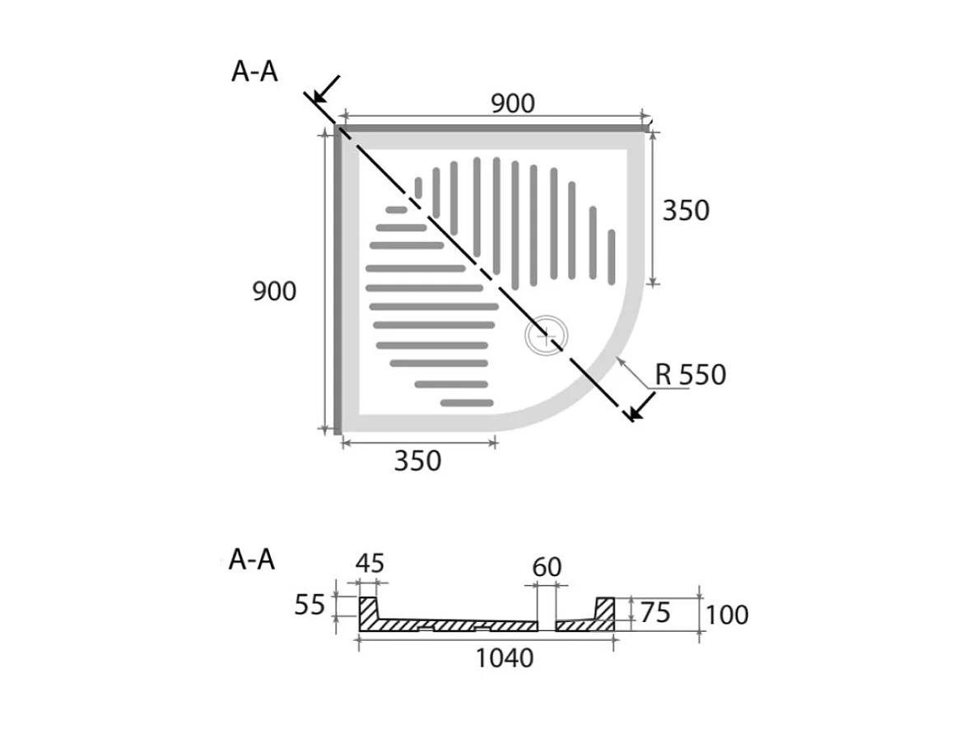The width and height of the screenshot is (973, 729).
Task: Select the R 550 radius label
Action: (690, 374)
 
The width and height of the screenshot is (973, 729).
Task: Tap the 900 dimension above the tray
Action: (513, 104)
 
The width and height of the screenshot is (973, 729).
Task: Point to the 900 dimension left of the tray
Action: (274, 291)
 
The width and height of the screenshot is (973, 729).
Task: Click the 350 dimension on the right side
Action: (686, 211)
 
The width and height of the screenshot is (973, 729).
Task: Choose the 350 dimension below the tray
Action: (417, 461)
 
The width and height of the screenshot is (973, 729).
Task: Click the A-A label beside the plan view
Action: (254, 72)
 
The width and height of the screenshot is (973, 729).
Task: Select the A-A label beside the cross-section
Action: (252, 560)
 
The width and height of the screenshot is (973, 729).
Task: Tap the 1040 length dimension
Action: (505, 658)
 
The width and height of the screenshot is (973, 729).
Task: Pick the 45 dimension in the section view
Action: (370, 564)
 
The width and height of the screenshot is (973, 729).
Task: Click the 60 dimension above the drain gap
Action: (547, 567)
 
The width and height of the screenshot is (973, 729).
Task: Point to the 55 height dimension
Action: (310, 604)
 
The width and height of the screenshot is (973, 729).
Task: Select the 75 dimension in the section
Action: (656, 613)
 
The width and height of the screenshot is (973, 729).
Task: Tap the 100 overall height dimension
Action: (727, 615)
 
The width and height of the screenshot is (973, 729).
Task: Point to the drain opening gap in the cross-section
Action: (546, 625)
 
